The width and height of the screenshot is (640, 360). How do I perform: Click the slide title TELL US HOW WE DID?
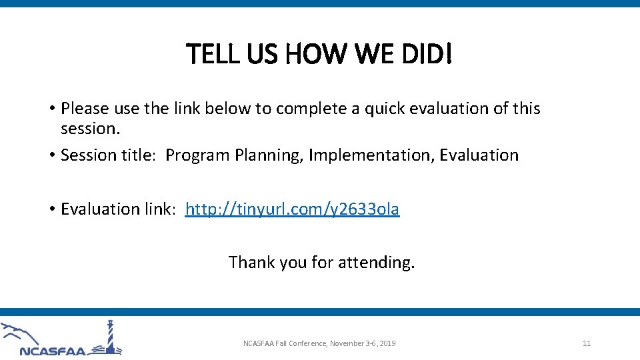tap(319, 54)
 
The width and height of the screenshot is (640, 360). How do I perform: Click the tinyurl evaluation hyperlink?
tap(292, 209)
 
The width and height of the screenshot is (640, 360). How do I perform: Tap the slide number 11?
tap(587, 343)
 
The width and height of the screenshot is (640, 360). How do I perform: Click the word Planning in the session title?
tap(269, 155)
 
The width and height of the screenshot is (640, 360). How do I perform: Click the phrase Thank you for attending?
tap(321, 262)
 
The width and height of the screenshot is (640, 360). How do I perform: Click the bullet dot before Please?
tap(51, 109)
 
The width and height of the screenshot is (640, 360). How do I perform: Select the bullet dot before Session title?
tap(51, 155)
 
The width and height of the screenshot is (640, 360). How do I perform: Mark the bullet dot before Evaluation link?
tap(51, 209)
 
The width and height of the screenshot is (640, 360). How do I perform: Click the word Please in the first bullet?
tap(85, 109)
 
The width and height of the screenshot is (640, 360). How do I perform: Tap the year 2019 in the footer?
tap(387, 343)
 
